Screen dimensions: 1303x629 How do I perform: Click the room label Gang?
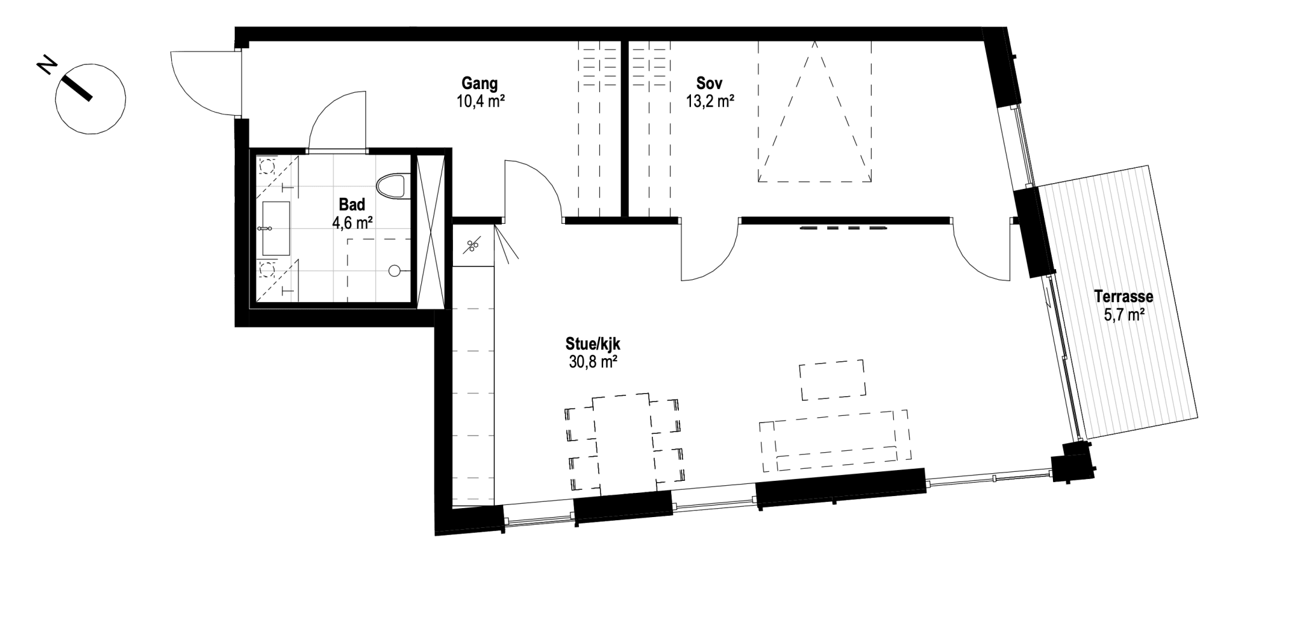pos(480,83)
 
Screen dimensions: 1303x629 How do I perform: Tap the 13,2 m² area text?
pos(710,100)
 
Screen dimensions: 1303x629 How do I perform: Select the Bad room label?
pos(352,205)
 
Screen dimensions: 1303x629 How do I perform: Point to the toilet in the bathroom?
pos(391,186)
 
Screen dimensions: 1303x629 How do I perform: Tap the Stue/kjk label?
pos(593,344)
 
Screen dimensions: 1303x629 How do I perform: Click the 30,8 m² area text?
pos(593,362)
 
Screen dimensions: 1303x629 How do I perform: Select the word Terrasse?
pos(1124,296)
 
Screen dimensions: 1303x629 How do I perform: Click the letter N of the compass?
pos(46,65)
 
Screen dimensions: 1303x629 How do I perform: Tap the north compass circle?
pos(90,99)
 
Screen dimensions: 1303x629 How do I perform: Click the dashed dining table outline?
pos(624,442)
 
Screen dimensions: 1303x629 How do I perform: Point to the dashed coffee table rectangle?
pos(832,380)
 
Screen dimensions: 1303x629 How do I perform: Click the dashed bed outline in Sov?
pos(814,112)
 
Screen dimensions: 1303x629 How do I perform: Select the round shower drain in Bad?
pos(394,270)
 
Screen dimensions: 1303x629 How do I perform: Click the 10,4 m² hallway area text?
pos(480,100)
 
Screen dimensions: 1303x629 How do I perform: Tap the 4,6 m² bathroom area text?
pos(352,223)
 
